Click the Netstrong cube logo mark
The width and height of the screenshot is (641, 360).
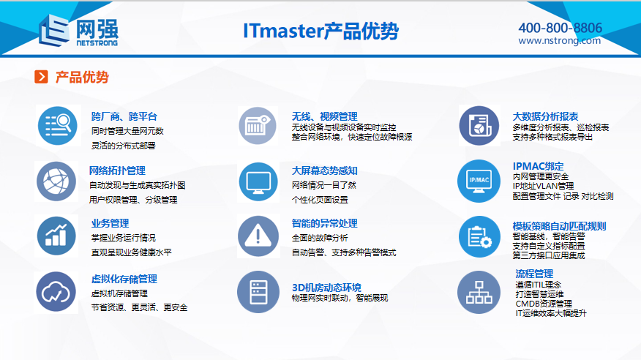(54, 30)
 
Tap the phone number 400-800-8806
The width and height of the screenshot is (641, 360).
(560, 28)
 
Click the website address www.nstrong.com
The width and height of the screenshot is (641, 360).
(559, 40)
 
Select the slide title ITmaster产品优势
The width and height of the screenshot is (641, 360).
(320, 31)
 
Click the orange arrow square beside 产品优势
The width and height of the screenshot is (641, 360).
(41, 76)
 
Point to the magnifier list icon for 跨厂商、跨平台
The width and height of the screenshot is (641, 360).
(58, 125)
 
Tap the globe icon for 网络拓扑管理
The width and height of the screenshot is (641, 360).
(56, 181)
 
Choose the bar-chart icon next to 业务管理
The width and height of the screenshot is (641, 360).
(56, 236)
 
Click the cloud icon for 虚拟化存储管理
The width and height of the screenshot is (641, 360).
(56, 292)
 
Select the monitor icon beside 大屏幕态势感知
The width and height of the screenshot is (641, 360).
(258, 182)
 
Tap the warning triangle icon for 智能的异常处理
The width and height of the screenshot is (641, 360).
(258, 236)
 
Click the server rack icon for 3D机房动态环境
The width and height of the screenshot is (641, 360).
(258, 292)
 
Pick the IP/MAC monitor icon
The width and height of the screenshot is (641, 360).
(479, 181)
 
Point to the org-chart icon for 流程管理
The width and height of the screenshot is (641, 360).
(479, 292)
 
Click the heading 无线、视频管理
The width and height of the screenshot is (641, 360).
(325, 116)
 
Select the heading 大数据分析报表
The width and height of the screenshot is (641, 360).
(545, 116)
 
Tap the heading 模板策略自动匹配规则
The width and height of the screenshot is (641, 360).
(559, 226)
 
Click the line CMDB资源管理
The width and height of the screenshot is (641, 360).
(544, 304)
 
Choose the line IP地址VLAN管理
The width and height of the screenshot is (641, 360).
(543, 186)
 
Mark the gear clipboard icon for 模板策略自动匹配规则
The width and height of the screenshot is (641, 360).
(479, 236)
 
